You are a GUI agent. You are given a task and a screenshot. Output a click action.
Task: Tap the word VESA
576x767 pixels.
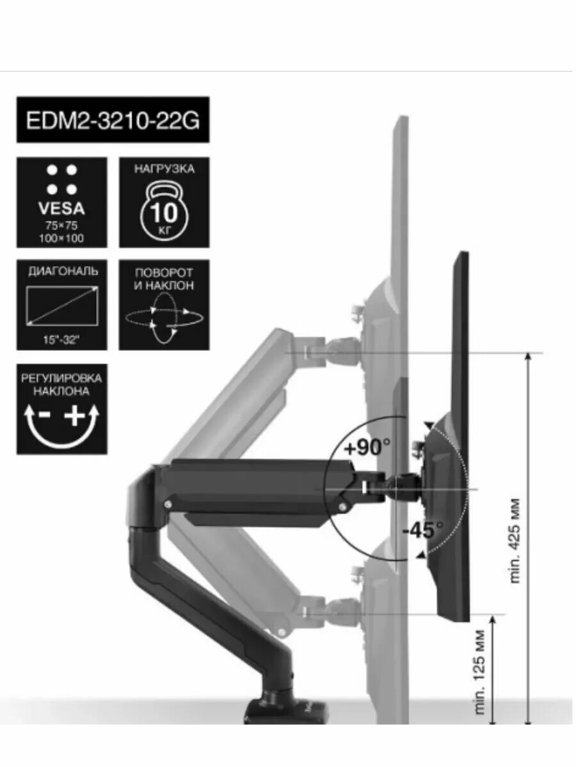pos(61,209)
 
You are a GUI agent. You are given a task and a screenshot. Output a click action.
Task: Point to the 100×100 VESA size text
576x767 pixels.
pos(61,238)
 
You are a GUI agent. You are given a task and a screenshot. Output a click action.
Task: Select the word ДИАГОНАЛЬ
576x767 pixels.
pos(62,271)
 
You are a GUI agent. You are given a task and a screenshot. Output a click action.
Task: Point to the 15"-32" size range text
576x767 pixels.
pos(62,340)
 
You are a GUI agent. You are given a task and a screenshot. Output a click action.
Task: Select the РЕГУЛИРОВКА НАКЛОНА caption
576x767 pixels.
pos(62,385)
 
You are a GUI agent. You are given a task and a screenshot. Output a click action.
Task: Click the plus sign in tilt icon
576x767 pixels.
pos(76,417)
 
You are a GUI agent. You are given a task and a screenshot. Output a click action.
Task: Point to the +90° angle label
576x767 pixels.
pos(367,448)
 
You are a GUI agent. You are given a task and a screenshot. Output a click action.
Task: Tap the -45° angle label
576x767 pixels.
pos(423,530)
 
